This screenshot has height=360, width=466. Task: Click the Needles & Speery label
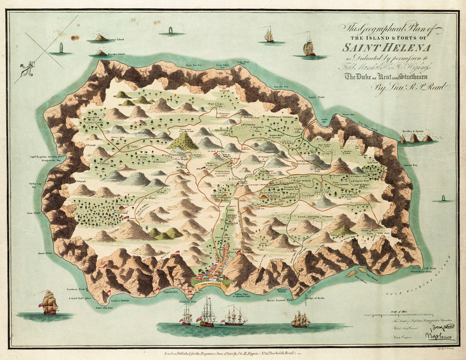[411, 131]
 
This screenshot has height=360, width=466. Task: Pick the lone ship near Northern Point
[49, 303]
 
